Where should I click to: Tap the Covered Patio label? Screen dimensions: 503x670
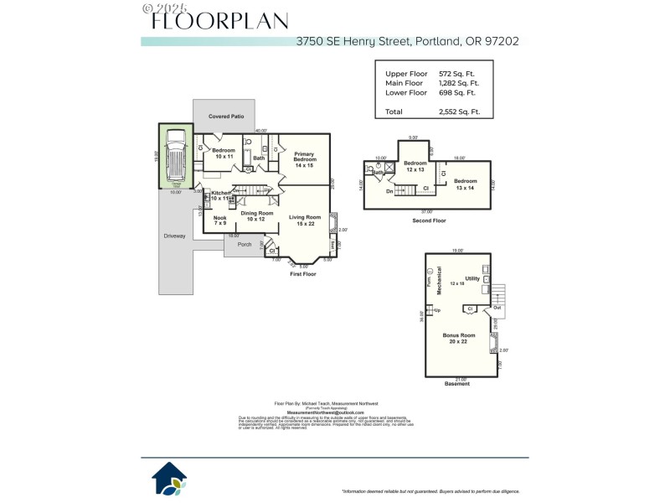click(226, 116)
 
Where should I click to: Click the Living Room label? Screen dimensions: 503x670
click(305, 220)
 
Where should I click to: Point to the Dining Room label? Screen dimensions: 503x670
click(257, 215)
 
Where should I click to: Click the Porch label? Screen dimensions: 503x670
click(245, 244)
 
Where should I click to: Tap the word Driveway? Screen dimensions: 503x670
click(174, 236)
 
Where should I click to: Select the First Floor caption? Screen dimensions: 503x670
click(301, 274)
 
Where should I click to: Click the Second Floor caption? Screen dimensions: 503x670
click(428, 220)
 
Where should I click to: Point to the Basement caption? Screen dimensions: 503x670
click(457, 384)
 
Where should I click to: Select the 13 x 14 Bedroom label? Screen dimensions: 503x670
click(465, 184)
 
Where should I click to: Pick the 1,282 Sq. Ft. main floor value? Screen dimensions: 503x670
click(458, 83)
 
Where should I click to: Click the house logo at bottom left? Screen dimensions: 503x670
click(169, 478)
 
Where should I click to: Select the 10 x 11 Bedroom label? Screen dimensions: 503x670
click(224, 153)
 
